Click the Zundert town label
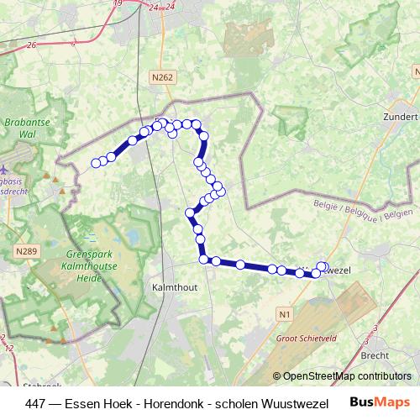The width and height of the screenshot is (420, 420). [x=400, y=117]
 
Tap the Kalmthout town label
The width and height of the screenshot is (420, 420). [x=175, y=286]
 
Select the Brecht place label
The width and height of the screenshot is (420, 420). [x=375, y=354]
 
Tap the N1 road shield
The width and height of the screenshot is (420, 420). [x=284, y=313]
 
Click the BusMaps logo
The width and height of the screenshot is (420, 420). [x=381, y=402]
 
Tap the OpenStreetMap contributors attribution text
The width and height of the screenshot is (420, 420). [x=342, y=376]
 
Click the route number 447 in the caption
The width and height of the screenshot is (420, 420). [x=35, y=402]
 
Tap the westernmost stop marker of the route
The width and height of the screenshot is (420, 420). [x=95, y=163]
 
